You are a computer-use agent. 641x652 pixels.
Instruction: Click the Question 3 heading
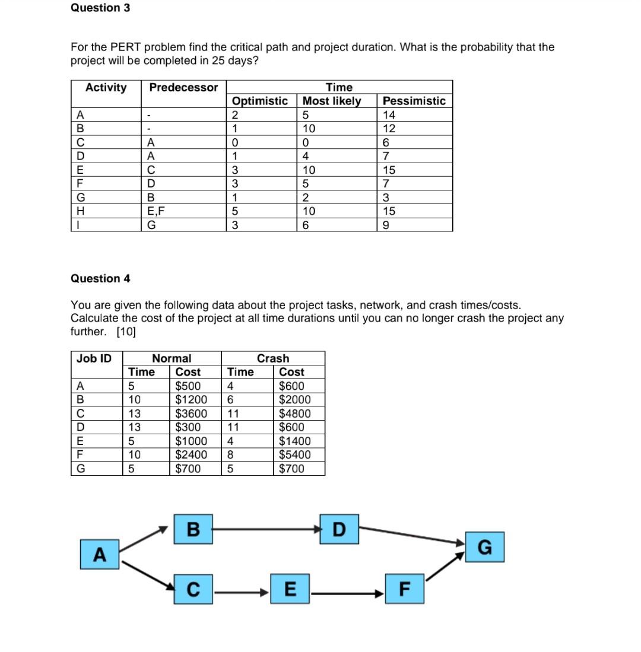click(100, 8)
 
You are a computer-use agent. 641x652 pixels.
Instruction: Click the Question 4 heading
click(100, 278)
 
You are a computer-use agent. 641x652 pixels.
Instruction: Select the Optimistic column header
click(260, 101)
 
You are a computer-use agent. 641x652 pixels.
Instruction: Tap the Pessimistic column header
click(414, 101)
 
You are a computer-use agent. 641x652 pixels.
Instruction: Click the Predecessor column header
click(183, 88)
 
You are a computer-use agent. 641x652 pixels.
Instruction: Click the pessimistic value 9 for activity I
click(388, 225)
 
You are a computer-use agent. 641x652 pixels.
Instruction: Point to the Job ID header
click(94, 358)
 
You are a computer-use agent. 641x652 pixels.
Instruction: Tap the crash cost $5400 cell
click(293, 455)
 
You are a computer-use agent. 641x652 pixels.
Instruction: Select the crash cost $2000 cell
click(293, 400)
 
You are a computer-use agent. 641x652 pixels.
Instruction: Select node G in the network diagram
click(484, 546)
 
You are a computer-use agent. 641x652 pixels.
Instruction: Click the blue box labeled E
click(290, 590)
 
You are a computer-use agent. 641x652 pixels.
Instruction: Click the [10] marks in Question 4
click(126, 332)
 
